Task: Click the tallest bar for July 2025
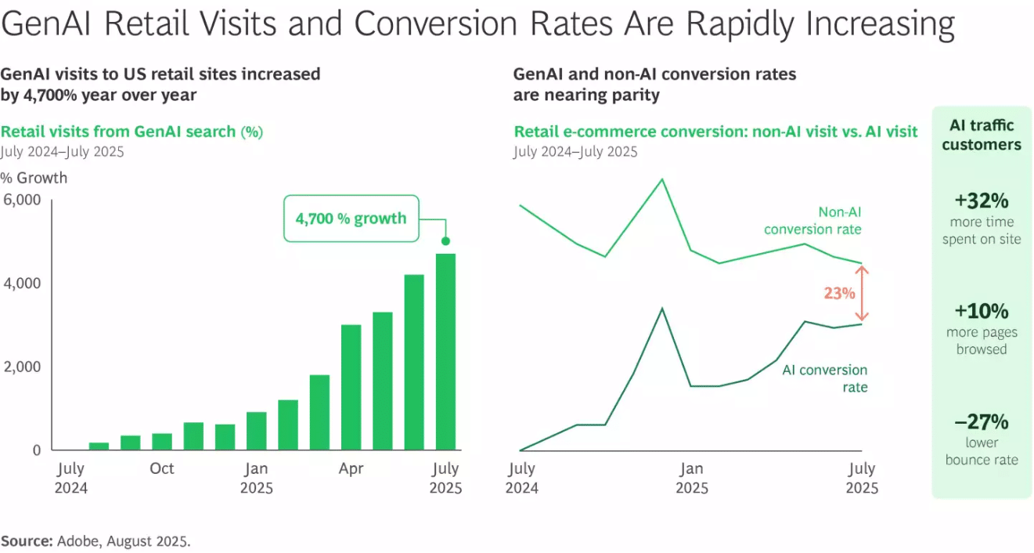click(x=445, y=352)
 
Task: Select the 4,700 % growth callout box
click(x=351, y=219)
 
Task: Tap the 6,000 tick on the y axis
click(x=22, y=200)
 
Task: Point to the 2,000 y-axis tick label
click(x=22, y=367)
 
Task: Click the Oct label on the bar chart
click(x=161, y=468)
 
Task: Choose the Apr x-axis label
click(x=351, y=468)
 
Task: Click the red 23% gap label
click(x=839, y=293)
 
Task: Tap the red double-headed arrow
click(x=862, y=294)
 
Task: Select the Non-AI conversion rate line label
click(x=812, y=221)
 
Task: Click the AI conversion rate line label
click(x=825, y=378)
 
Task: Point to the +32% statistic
click(x=982, y=201)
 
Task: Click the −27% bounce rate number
click(x=982, y=421)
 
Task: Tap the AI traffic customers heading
click(x=982, y=135)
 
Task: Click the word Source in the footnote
click(x=27, y=541)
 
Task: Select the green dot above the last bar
click(x=445, y=240)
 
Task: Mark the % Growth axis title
click(x=34, y=178)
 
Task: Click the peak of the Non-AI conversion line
click(x=662, y=179)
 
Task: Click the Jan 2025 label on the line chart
click(x=691, y=478)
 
